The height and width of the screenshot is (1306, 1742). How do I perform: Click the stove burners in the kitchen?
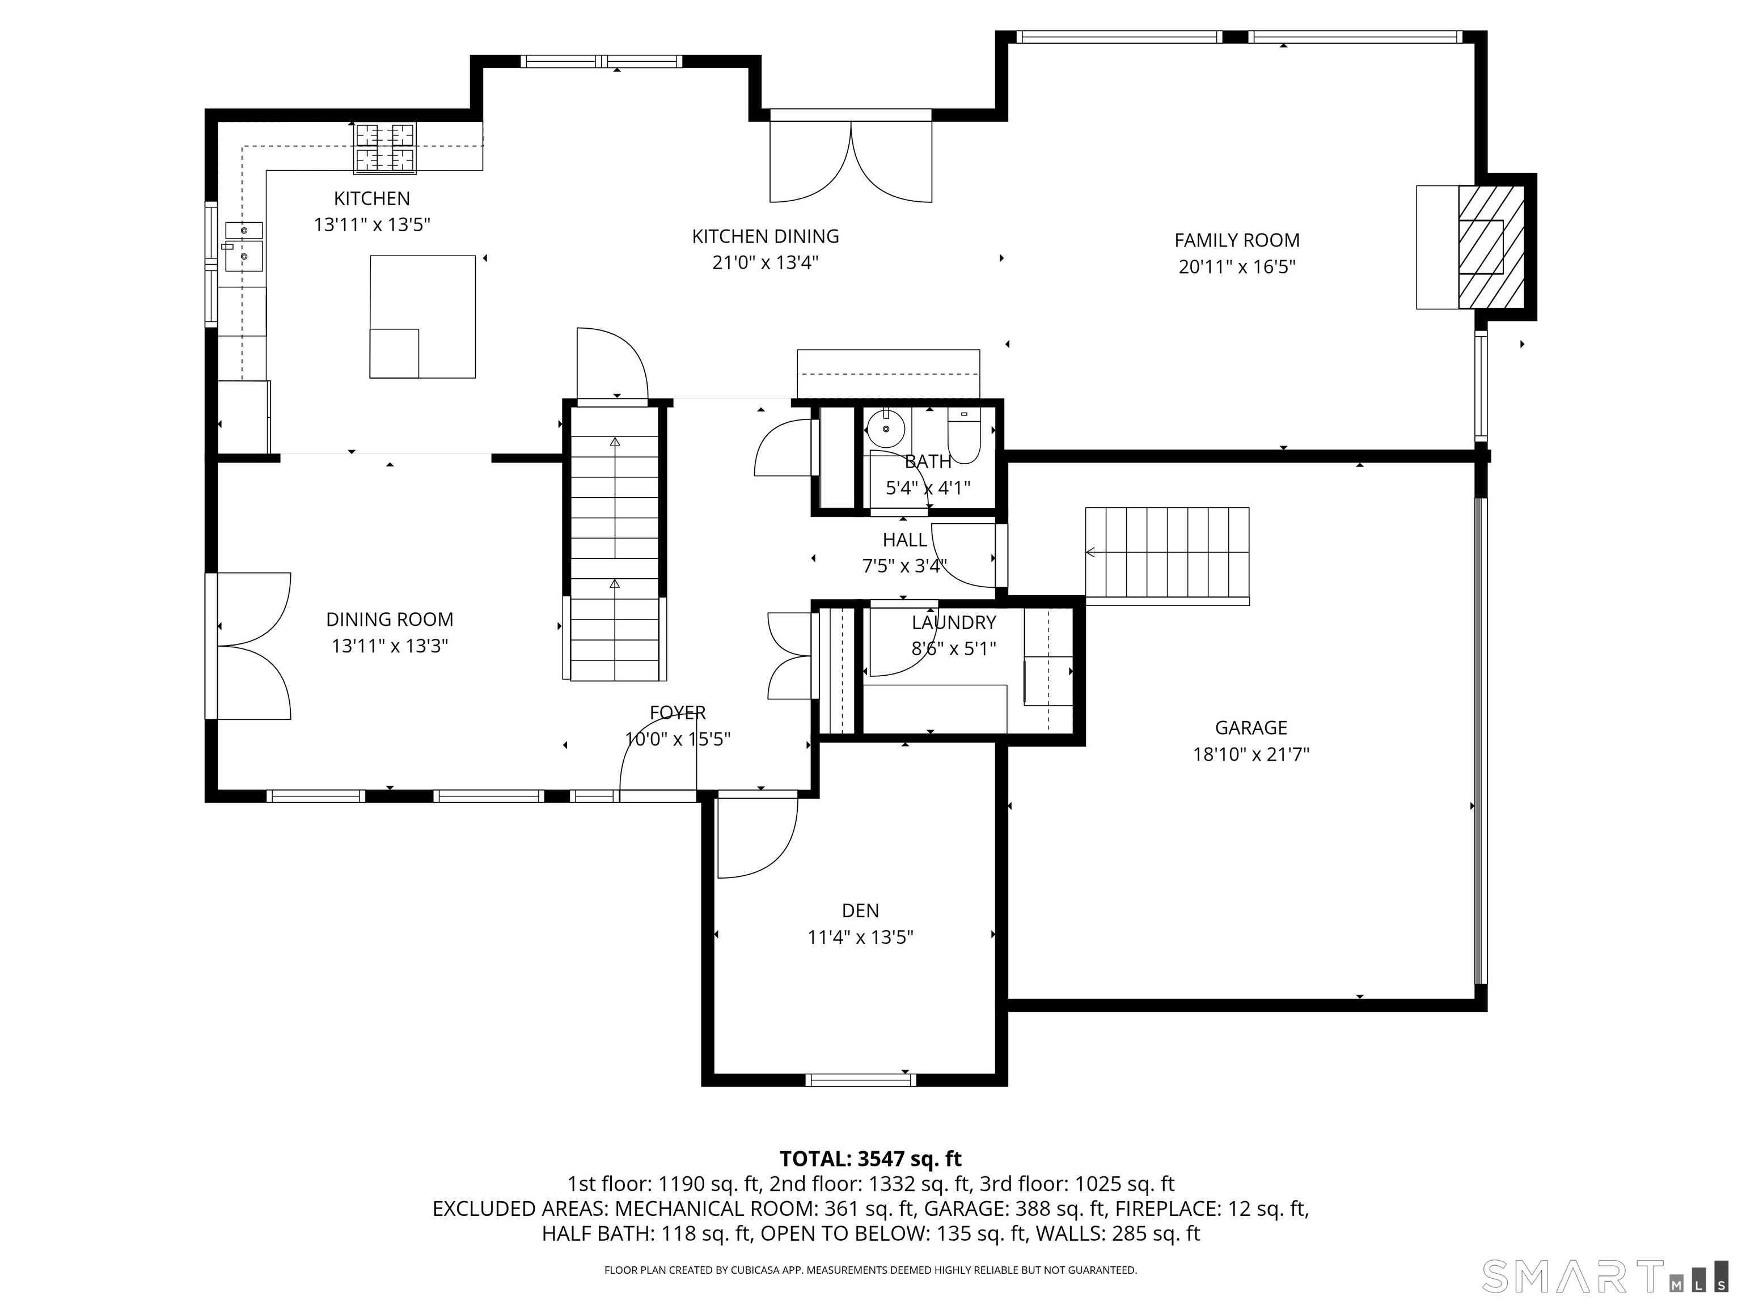(x=385, y=147)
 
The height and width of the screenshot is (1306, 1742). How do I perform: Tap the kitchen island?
(x=423, y=316)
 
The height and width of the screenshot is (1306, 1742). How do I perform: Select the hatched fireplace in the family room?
(x=1491, y=247)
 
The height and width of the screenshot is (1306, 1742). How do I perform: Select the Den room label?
(x=860, y=911)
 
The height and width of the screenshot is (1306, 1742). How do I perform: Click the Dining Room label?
(x=390, y=620)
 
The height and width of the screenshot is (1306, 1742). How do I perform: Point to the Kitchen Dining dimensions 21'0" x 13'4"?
(x=766, y=262)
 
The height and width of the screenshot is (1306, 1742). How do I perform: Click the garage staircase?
(x=1167, y=556)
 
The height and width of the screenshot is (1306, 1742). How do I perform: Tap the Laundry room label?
(x=954, y=623)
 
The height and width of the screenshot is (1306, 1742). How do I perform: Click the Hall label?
(x=905, y=540)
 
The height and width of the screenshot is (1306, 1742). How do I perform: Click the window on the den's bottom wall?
(x=861, y=1080)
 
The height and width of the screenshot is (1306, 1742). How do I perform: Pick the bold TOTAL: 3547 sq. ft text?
(x=870, y=1159)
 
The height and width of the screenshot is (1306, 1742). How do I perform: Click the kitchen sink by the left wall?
(x=243, y=247)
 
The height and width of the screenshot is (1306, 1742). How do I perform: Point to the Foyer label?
(x=677, y=713)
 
